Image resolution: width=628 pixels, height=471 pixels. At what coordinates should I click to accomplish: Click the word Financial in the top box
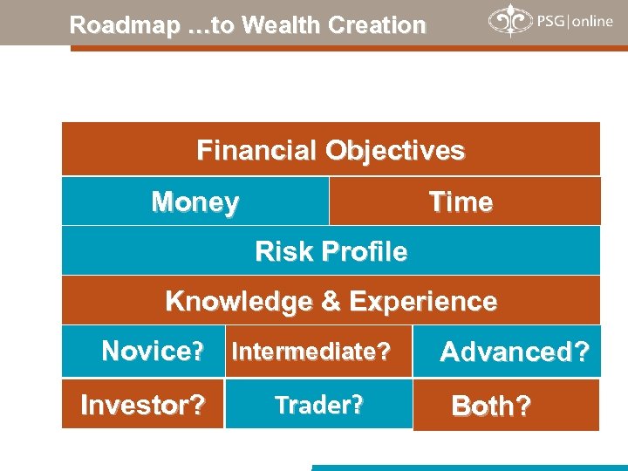tap(257, 151)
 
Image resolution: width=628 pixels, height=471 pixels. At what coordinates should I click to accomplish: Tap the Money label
tap(195, 202)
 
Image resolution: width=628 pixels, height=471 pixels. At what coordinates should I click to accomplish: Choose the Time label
tap(461, 202)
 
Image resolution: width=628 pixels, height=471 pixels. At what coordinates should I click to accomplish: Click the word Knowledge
tap(239, 302)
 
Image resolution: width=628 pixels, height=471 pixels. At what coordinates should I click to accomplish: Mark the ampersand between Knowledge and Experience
tap(331, 302)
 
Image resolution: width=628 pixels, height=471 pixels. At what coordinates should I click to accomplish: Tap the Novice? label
tap(153, 352)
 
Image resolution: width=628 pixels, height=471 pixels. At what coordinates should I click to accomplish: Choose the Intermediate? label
tap(310, 352)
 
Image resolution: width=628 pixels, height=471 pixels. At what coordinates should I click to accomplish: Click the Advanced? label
tap(515, 352)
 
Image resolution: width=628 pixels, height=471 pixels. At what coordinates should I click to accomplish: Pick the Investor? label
tap(143, 406)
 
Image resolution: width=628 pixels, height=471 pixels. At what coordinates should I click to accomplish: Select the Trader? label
tap(318, 406)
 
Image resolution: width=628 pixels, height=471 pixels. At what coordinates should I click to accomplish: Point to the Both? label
tap(490, 406)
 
